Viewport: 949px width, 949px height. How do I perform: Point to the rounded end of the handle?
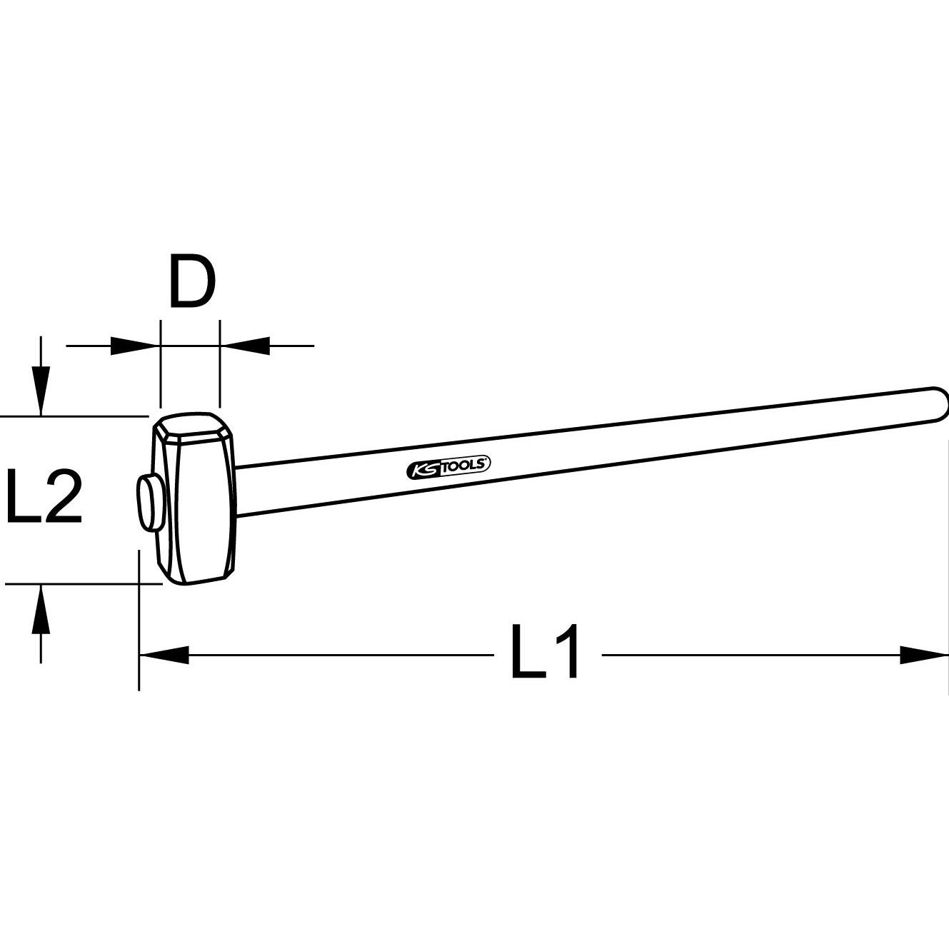tap(939, 405)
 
